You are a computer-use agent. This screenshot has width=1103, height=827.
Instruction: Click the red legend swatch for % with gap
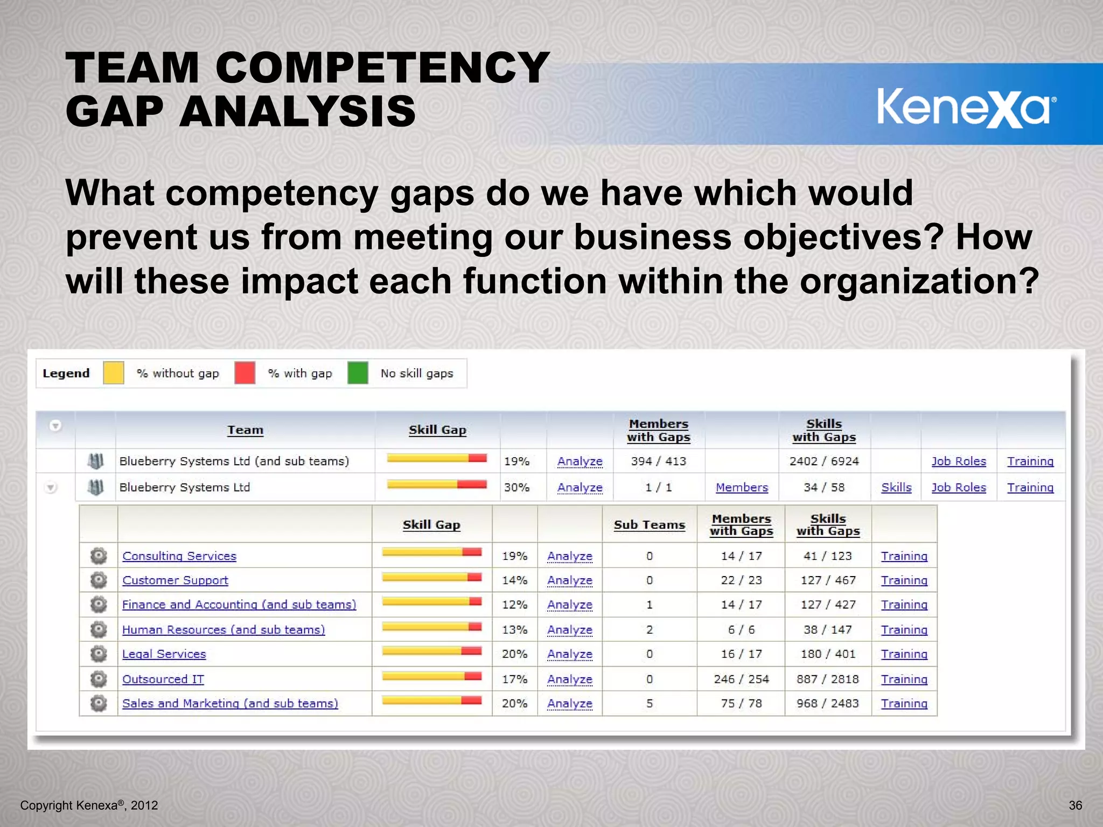click(245, 373)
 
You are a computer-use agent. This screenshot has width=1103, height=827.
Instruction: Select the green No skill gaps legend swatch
click(358, 373)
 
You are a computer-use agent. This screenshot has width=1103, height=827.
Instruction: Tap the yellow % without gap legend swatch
click(114, 373)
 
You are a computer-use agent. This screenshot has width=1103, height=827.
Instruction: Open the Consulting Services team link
click(179, 556)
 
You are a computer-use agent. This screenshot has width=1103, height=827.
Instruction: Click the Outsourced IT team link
click(163, 679)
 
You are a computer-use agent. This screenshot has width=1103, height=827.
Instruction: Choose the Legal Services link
click(164, 654)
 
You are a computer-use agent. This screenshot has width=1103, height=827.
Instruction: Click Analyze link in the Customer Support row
click(570, 580)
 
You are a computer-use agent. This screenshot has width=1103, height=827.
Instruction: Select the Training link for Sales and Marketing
click(904, 703)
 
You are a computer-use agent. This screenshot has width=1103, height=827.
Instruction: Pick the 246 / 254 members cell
click(741, 679)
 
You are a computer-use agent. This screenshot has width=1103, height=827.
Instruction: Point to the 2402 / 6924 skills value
click(824, 461)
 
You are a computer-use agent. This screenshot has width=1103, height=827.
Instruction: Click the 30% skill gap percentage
click(516, 487)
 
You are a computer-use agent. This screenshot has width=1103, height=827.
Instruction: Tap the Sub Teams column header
click(650, 525)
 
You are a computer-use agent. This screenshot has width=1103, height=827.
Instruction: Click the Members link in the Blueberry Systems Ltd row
click(742, 487)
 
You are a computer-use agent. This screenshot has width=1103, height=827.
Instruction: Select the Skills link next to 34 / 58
click(896, 487)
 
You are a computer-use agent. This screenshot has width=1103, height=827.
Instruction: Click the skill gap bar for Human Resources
click(431, 627)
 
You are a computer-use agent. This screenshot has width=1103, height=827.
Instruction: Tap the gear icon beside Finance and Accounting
click(99, 605)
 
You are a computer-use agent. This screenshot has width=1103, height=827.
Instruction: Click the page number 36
click(1076, 805)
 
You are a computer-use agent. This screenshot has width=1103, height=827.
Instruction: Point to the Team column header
click(245, 430)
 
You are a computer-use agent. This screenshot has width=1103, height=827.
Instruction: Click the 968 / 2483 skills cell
click(828, 703)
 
